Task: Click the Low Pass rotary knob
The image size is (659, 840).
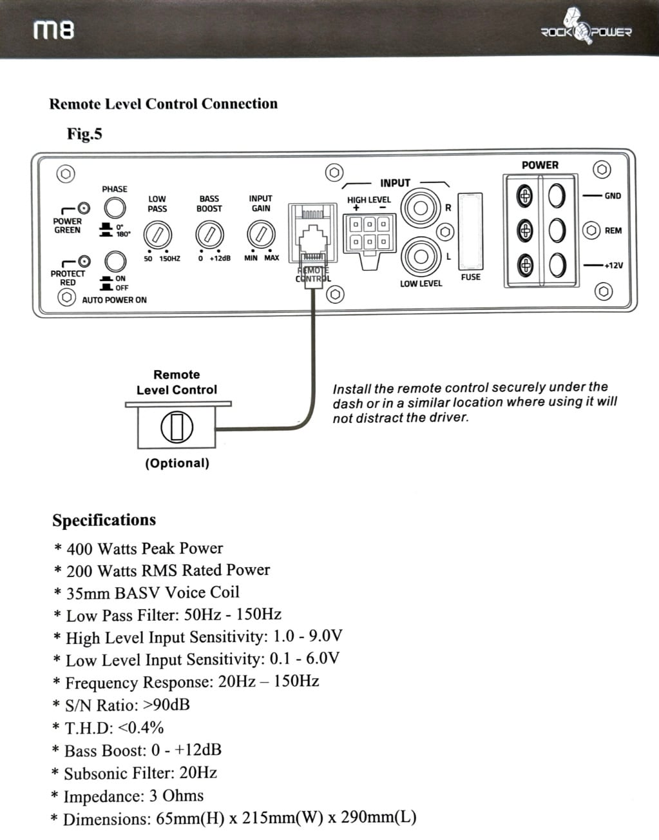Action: click(157, 234)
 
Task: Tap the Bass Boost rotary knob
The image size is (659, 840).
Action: click(209, 234)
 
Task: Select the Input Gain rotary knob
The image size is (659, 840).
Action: click(261, 234)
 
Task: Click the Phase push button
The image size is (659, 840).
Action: click(115, 208)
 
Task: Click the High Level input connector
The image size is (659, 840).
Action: click(369, 233)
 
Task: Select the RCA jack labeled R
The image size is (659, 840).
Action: click(420, 208)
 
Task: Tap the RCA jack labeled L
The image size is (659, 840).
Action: click(420, 256)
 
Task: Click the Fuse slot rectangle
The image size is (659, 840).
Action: click(470, 230)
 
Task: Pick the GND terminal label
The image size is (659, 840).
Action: click(613, 196)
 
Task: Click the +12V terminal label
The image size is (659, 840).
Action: click(613, 266)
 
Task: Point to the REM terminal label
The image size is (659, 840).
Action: click(613, 231)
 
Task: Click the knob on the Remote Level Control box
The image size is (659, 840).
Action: click(177, 427)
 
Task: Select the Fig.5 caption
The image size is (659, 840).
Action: click(84, 134)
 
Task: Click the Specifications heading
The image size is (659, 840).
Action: click(104, 520)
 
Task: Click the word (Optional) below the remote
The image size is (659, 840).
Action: click(177, 464)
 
